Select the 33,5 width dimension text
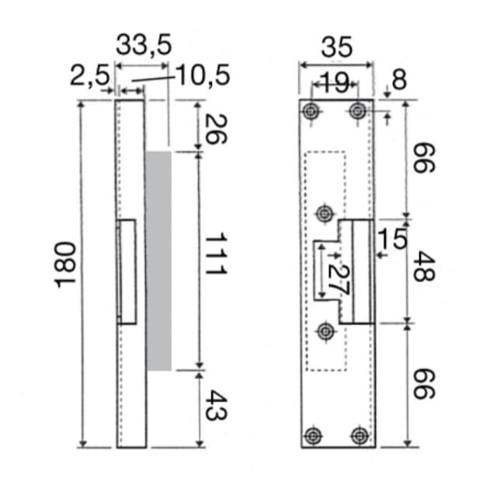(144, 45)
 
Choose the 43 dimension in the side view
(215, 405)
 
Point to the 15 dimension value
(392, 239)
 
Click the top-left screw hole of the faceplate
(311, 110)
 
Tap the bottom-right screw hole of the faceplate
(359, 435)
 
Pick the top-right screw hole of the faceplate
(358, 110)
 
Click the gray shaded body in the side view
(158, 260)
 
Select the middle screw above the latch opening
(325, 212)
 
